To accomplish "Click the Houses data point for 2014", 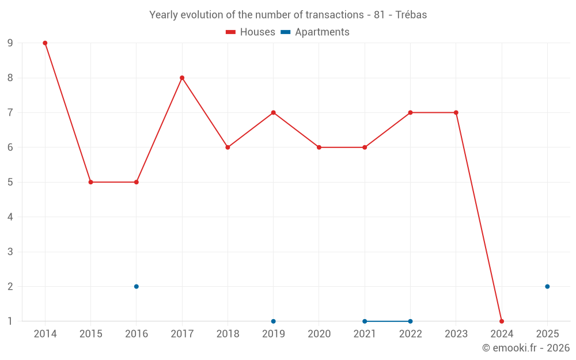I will pos(45,43).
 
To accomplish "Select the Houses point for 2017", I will pos(182,78).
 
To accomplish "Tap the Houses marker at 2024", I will pos(502,321).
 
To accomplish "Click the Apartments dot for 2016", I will pos(137,286).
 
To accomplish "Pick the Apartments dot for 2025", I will pos(547,286).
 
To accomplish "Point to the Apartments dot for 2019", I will pos(274,321).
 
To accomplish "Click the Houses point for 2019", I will pos(274,112).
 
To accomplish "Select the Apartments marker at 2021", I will pos(365,321).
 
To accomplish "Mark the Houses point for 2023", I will pos(456,112).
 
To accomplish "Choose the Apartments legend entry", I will pos(315,32).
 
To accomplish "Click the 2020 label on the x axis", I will pos(319,334).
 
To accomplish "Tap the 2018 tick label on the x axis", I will pos(228,334).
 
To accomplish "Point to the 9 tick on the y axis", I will pos(10,43).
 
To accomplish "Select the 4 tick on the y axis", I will pos(10,217).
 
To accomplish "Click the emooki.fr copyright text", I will pos(526,348).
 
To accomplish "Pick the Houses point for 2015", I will pos(90,182).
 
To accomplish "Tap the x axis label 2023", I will pos(456,334).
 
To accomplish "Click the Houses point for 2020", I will pos(319,147).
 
